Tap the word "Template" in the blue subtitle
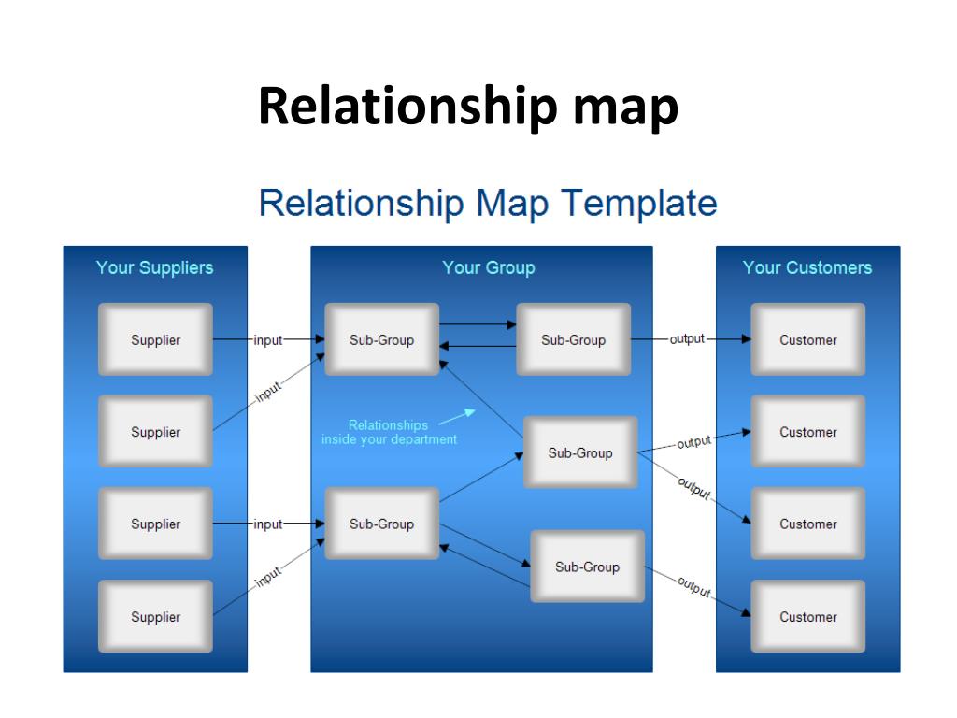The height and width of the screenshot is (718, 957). coord(639,203)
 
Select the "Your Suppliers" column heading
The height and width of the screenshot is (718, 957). coord(154,267)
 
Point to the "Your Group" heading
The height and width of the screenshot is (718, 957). coord(488,267)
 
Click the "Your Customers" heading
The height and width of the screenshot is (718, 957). coord(807,267)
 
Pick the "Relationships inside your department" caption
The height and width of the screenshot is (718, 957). coord(389,432)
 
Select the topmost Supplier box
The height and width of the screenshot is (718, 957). coord(156,339)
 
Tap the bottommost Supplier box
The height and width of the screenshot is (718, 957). coord(156,616)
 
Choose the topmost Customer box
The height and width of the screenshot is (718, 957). coord(808,339)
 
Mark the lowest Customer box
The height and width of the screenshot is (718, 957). coord(808,616)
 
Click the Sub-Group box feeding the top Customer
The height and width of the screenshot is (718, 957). coord(574,339)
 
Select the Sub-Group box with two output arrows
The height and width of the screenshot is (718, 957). coord(580,452)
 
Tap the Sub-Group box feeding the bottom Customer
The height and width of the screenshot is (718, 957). coord(587,567)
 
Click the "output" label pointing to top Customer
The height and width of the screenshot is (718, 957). coord(687,338)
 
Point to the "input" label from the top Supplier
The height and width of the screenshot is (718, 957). coord(268,340)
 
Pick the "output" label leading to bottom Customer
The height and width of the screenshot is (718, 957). coord(694,587)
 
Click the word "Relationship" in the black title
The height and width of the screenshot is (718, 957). coord(408,108)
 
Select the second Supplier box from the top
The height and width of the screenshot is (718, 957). coord(156,431)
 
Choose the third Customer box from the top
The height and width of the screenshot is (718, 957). coord(808,524)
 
